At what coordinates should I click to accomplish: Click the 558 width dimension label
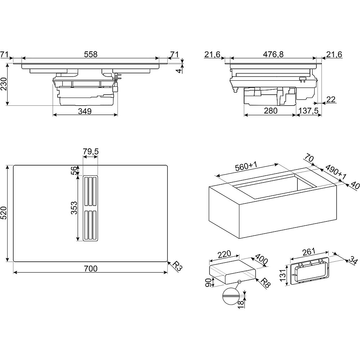tap(91, 54)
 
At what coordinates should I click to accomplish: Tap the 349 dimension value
tap(85, 111)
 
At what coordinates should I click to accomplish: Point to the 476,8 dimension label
tap(273, 54)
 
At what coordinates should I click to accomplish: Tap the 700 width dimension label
tap(91, 269)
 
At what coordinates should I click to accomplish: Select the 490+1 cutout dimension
tap(335, 172)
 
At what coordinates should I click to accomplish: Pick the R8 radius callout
tap(265, 282)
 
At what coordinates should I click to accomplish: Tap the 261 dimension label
tap(309, 251)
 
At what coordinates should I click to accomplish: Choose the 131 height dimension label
tap(283, 276)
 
